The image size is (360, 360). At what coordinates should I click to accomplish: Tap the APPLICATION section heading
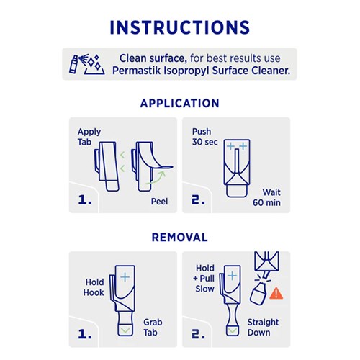click(179, 103)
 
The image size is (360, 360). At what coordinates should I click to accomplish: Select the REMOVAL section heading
click(179, 237)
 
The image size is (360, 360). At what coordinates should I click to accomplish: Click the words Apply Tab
click(89, 138)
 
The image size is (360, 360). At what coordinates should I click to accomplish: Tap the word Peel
click(159, 202)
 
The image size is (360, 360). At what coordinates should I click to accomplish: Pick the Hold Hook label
click(94, 287)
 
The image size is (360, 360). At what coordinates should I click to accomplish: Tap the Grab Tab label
click(153, 328)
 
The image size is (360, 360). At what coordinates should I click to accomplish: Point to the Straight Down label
click(263, 328)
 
